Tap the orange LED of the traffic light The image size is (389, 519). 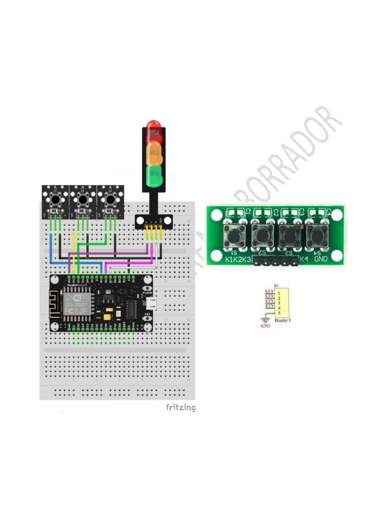(154, 153)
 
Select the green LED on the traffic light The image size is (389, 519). (154, 175)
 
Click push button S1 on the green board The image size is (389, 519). (234, 235)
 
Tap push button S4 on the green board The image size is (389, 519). (317, 235)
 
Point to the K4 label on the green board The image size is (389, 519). (303, 259)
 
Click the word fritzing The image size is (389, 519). (180, 407)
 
